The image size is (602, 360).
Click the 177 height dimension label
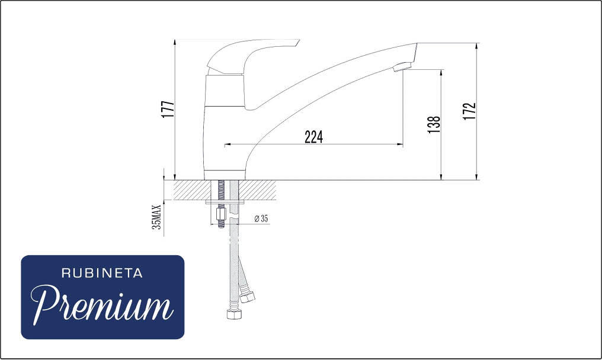tap(168, 110)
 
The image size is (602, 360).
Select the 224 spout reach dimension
tap(314, 137)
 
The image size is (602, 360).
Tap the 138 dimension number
tap(434, 125)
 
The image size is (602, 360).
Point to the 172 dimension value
tap(469, 111)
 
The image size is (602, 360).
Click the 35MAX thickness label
tap(156, 217)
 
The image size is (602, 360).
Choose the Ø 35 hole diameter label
tap(261, 218)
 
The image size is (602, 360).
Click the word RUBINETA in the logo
tap(102, 274)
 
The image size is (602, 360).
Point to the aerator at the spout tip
tap(401, 67)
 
